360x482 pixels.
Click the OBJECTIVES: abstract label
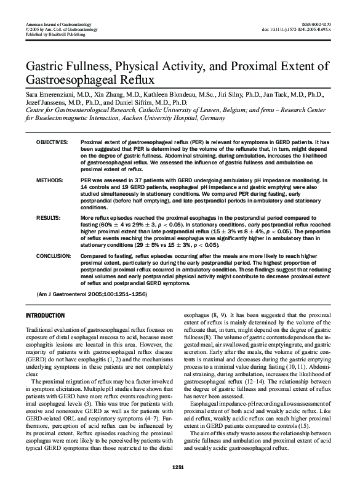(52, 142)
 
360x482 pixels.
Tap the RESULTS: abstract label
(48, 218)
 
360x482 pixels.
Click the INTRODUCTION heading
(45, 315)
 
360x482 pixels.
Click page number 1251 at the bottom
(180, 470)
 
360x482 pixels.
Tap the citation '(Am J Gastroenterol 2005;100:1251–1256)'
(99, 295)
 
